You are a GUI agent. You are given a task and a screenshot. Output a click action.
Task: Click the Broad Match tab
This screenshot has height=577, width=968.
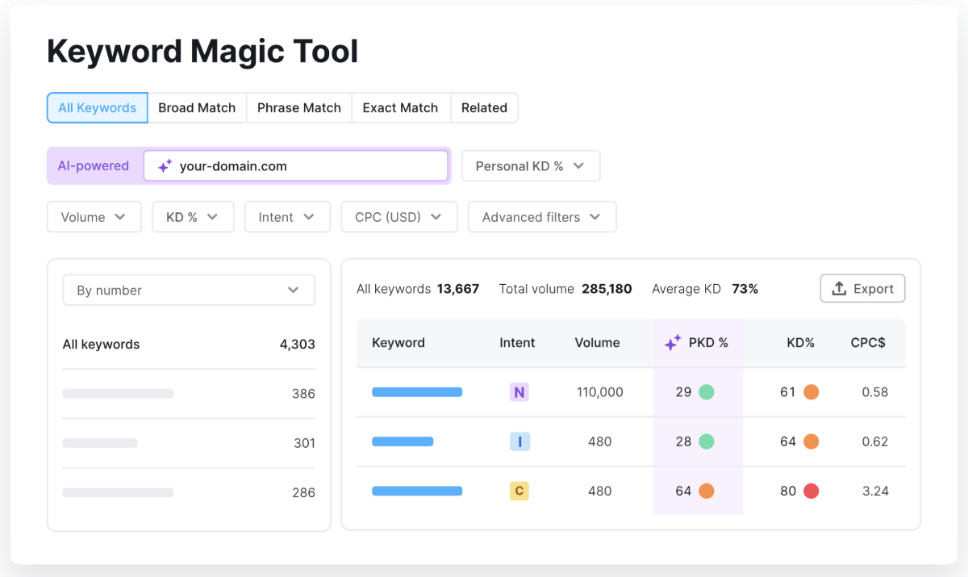click(197, 108)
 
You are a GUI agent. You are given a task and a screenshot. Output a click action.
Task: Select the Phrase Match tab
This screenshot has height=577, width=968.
click(298, 108)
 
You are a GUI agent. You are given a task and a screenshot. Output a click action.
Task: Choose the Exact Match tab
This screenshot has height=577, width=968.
click(400, 108)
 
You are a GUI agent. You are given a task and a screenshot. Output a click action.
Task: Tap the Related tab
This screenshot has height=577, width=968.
click(484, 108)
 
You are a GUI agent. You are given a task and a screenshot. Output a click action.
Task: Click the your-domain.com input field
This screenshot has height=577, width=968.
click(295, 166)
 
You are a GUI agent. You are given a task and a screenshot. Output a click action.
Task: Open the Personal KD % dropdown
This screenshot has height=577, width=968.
click(530, 166)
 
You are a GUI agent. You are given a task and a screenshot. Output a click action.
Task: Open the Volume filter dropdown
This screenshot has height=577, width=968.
click(94, 217)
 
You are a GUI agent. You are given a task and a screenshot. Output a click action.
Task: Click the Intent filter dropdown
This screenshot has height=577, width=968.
click(287, 217)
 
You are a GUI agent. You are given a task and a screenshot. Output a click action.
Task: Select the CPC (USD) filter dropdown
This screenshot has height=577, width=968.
click(398, 217)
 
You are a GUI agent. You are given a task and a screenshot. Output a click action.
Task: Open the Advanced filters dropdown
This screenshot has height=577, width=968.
click(541, 217)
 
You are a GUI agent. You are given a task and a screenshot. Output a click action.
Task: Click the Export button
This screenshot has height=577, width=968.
click(862, 289)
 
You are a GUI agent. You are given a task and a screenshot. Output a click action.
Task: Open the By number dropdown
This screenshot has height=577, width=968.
click(189, 291)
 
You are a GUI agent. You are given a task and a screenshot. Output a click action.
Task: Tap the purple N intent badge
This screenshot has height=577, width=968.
click(519, 393)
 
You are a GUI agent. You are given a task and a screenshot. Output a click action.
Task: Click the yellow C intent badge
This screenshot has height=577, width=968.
click(519, 491)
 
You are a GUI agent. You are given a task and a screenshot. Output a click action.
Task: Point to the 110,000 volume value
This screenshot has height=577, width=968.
click(600, 393)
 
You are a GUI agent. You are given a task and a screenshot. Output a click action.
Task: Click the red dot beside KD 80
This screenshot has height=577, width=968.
click(811, 491)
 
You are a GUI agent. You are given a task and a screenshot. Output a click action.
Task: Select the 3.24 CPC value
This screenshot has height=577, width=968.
click(874, 491)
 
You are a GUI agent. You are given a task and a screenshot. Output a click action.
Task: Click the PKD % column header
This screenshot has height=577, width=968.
click(699, 343)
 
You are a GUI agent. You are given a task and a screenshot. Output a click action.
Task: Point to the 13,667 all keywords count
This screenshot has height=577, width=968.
click(458, 289)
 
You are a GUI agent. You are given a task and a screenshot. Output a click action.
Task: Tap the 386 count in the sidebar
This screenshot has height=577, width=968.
click(303, 394)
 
